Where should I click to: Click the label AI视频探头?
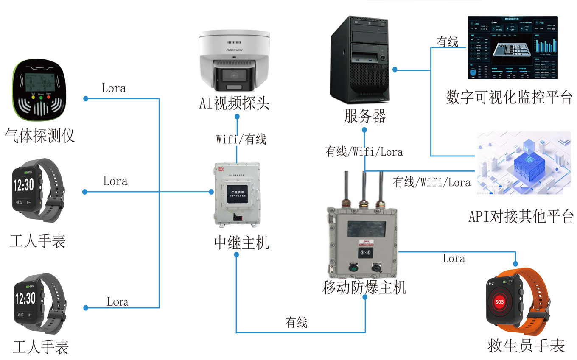(235, 103)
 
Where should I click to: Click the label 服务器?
(365, 116)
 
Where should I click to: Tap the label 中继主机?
(241, 243)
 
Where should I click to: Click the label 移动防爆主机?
(364, 287)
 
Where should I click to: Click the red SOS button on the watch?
(499, 302)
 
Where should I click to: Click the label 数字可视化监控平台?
(510, 97)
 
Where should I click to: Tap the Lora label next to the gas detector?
(114, 88)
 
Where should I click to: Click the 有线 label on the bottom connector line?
(296, 323)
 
